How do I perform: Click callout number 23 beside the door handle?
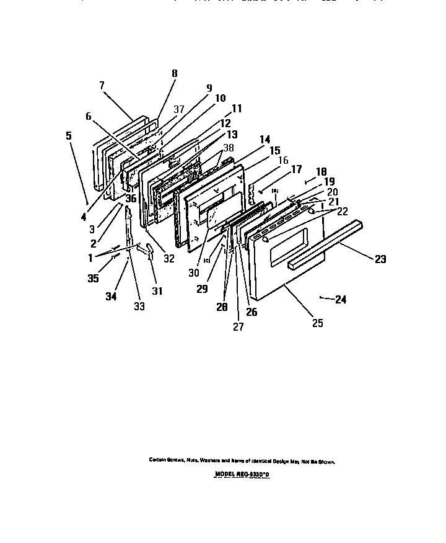[380, 259]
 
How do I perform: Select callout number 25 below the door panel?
[317, 323]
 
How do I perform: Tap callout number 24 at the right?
[340, 299]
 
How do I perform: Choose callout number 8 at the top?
[174, 73]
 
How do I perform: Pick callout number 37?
[178, 109]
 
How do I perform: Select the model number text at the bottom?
[242, 474]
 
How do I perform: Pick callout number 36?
[131, 199]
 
